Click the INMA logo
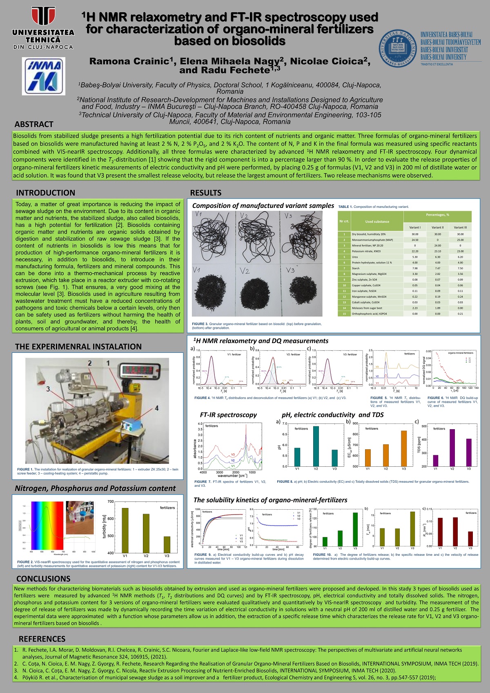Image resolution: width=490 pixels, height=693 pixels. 43,76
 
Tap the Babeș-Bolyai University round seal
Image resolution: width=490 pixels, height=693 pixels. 398,48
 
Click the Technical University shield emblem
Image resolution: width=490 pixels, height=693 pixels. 43,16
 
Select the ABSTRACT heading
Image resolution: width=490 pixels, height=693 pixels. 34,124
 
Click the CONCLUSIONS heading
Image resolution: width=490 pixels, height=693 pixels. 43,579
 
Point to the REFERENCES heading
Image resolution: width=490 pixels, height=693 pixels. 42,639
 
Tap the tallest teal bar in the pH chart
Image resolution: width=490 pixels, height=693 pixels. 316,446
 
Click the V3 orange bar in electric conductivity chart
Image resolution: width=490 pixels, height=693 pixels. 404,448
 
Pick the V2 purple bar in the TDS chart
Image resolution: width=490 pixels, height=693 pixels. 452,448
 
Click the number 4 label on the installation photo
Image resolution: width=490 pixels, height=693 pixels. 156,408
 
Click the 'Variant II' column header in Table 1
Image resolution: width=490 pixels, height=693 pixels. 437,227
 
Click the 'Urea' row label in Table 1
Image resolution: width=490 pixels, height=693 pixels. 356,257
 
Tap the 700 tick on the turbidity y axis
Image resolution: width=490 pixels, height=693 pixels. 111,501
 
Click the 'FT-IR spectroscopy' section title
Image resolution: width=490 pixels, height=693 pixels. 228,415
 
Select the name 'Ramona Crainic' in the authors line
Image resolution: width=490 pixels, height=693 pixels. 129,62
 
